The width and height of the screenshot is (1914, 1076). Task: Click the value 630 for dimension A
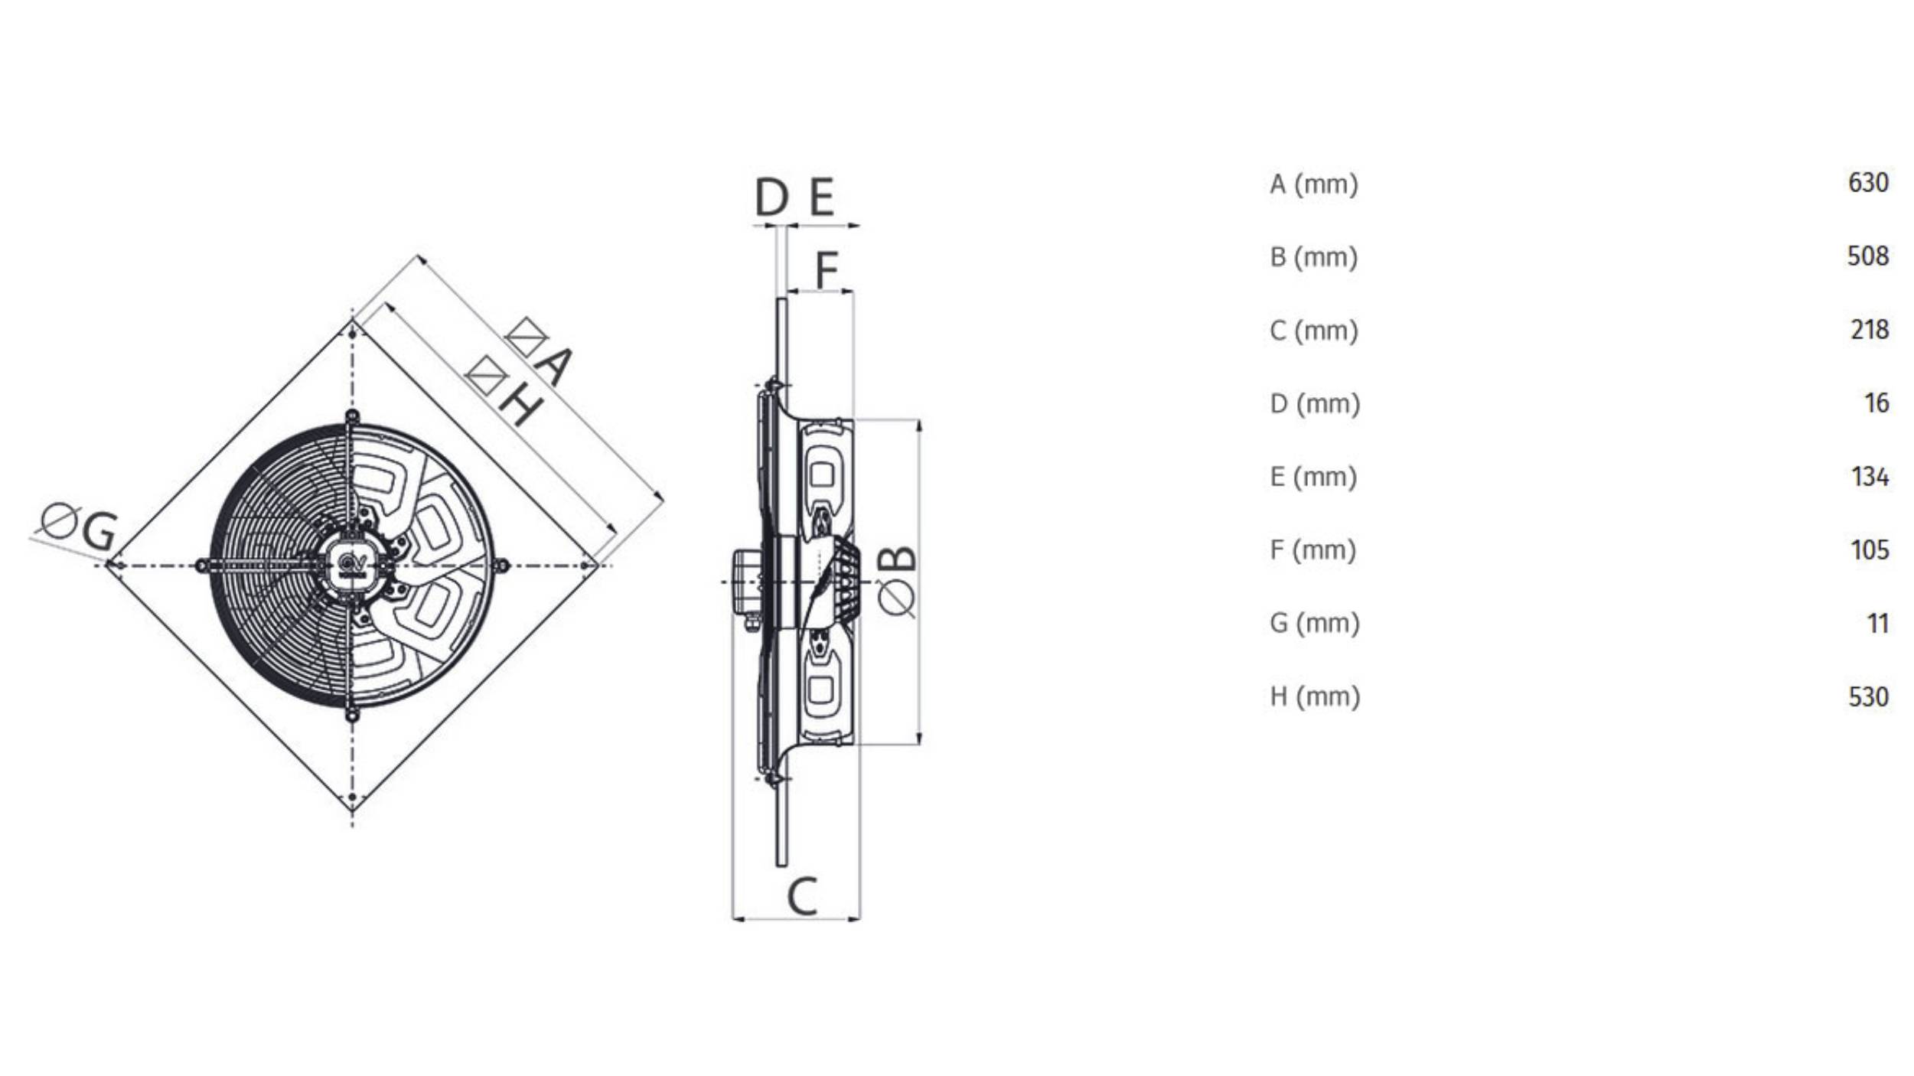[1867, 183]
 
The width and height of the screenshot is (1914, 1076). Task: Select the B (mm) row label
[1313, 256]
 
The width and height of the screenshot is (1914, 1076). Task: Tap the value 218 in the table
[1869, 330]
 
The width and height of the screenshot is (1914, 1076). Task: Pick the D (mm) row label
[1315, 403]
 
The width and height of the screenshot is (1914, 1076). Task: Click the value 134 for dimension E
[1869, 477]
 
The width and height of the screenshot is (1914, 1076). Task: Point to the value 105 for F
[1869, 549]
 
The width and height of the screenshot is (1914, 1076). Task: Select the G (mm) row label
[1314, 623]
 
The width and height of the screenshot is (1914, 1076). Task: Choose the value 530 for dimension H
[1867, 696]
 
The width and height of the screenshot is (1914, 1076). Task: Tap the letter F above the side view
[826, 269]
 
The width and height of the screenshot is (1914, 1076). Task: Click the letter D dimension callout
[771, 197]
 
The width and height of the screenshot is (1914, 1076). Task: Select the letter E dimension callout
[821, 197]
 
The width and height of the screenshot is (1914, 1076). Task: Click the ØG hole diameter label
[80, 527]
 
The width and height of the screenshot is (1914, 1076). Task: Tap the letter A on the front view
[553, 365]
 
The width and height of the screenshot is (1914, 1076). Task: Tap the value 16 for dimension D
[1876, 403]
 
